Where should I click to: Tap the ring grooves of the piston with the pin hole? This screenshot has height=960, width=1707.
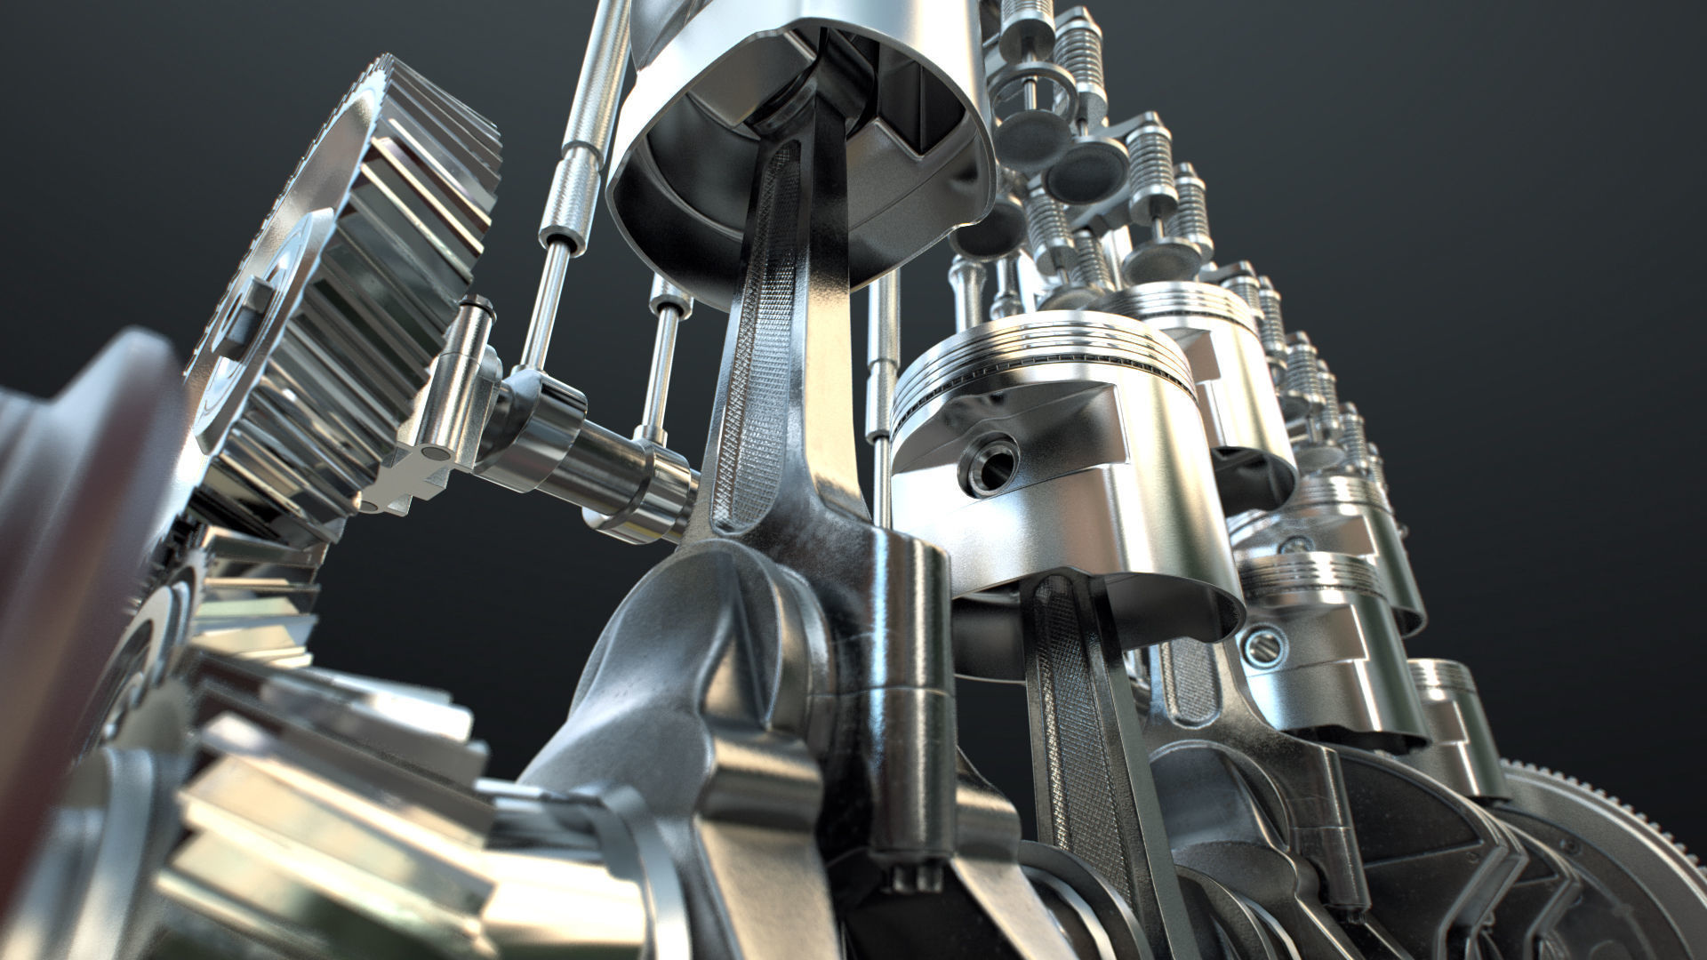coord(1040,359)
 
